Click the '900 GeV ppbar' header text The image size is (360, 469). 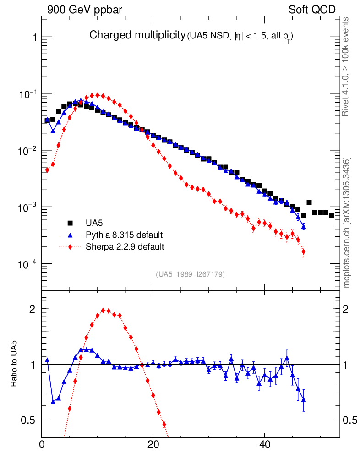pyautogui.click(x=84, y=10)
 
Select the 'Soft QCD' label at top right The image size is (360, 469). pyautogui.click(x=312, y=10)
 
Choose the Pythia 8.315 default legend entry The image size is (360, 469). pyautogui.click(x=123, y=235)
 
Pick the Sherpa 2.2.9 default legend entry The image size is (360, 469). pyautogui.click(x=125, y=247)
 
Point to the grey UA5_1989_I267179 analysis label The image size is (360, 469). pyautogui.click(x=191, y=274)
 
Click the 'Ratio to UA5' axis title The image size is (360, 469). pyautogui.click(x=15, y=364)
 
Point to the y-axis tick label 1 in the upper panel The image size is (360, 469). pyautogui.click(x=35, y=37)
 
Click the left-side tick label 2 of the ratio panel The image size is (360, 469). pyautogui.click(x=33, y=309)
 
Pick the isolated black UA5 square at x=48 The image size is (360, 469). pyautogui.click(x=309, y=202)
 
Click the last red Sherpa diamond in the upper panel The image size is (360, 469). pyautogui.click(x=304, y=251)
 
